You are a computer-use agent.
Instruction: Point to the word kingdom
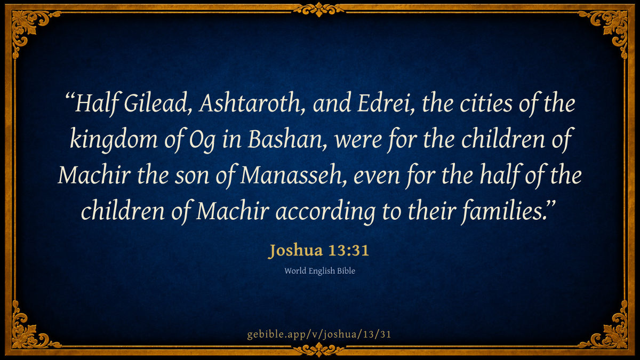tap(114, 140)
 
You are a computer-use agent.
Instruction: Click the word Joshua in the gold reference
tap(296, 250)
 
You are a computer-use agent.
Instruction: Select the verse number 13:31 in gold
tap(349, 250)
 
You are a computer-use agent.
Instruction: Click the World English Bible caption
tap(319, 270)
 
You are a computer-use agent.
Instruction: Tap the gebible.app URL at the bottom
tap(319, 334)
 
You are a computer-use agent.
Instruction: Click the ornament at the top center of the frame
tap(319, 9)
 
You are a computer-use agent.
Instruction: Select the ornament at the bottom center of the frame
tap(319, 350)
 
